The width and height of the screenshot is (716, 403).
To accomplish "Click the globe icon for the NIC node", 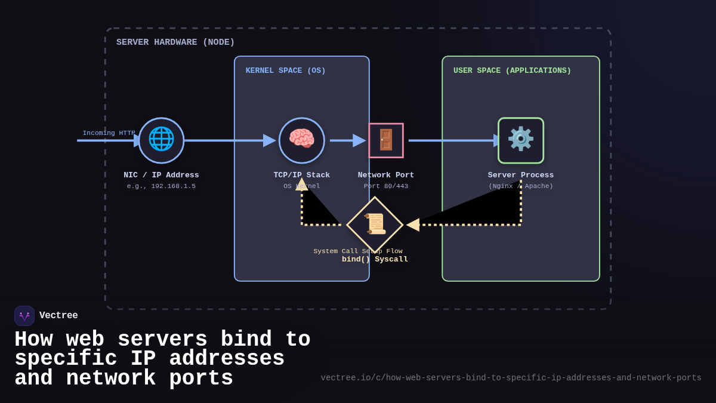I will [161, 140].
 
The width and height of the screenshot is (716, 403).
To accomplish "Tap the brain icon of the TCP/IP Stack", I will [301, 140].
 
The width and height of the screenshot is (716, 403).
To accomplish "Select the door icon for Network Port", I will [386, 140].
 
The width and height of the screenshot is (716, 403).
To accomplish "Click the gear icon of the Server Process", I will [520, 140].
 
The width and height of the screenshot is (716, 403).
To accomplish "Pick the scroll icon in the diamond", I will [375, 224].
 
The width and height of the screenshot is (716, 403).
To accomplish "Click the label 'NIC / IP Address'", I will [161, 175].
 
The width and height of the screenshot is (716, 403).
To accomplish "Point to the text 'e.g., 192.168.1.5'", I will [161, 186].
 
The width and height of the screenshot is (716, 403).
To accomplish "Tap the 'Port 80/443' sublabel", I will [386, 186].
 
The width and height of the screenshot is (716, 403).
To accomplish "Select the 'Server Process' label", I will [520, 175].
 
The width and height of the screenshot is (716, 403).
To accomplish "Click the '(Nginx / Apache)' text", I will [520, 186].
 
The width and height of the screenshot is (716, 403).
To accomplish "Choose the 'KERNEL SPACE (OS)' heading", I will [285, 70].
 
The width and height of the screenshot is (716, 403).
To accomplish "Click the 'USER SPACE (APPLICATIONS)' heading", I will [512, 70].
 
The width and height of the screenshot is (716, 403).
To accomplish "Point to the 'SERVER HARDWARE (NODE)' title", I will [175, 42].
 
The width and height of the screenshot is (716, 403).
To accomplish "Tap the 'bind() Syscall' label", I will [375, 260].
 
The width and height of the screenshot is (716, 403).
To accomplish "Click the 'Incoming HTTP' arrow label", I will [109, 133].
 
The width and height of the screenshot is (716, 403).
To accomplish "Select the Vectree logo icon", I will [24, 316].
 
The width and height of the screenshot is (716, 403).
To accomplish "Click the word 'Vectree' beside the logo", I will [58, 316].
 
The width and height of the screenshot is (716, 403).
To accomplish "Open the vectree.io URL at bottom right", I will [511, 378].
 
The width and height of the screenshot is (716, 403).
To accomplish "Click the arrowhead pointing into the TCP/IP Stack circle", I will [270, 140].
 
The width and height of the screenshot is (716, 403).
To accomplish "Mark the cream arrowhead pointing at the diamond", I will [413, 225].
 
